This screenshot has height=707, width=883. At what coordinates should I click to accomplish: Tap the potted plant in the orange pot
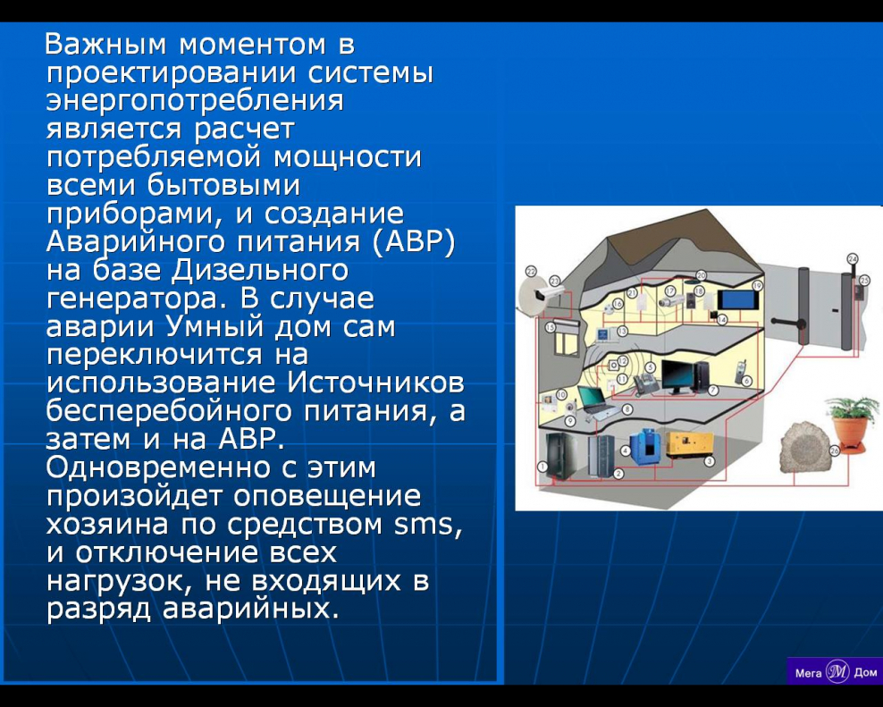point(847,424)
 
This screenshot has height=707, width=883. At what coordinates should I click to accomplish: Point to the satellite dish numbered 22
point(534,296)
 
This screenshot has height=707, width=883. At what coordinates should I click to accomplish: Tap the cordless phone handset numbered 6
point(739,368)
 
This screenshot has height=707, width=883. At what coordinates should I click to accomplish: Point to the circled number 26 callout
point(834,451)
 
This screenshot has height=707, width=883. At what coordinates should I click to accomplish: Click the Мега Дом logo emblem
point(837,671)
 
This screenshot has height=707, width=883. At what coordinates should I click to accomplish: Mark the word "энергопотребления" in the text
point(195,100)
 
